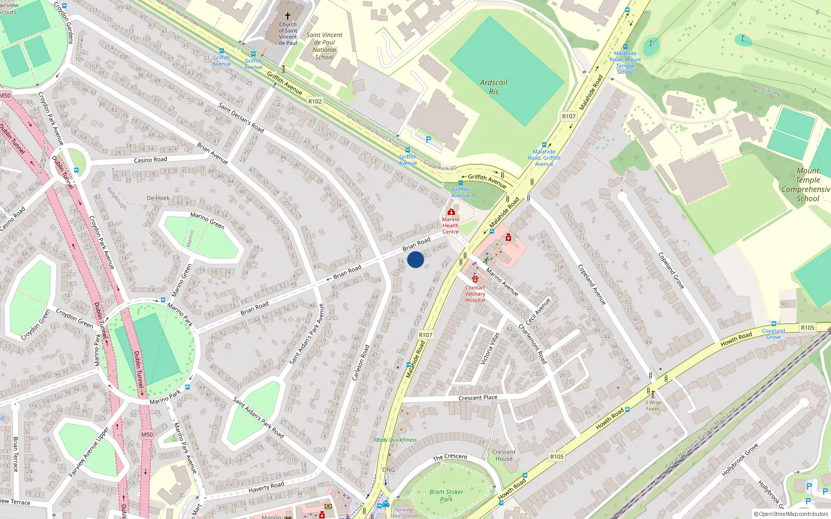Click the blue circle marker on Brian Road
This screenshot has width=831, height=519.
415,259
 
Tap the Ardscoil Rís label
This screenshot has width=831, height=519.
493,87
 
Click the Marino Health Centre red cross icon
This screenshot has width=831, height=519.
451,212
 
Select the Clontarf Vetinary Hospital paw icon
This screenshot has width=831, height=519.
475,279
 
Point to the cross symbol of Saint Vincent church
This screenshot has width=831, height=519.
288,16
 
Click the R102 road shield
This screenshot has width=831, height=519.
315,101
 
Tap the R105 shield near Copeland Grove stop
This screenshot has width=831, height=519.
807,327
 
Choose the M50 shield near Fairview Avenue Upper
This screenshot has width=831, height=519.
147,434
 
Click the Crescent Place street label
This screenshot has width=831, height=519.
478,398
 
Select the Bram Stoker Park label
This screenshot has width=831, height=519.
446,495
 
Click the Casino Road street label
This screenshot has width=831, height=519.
151,160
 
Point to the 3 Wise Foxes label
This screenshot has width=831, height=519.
653,405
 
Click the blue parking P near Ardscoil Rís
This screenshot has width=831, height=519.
428,140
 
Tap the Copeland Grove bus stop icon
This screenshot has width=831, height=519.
773,324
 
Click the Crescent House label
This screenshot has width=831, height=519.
504,455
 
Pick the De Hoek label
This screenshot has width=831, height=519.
158,198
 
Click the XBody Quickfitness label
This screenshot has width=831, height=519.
395,440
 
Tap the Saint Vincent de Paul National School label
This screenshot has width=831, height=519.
324,46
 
